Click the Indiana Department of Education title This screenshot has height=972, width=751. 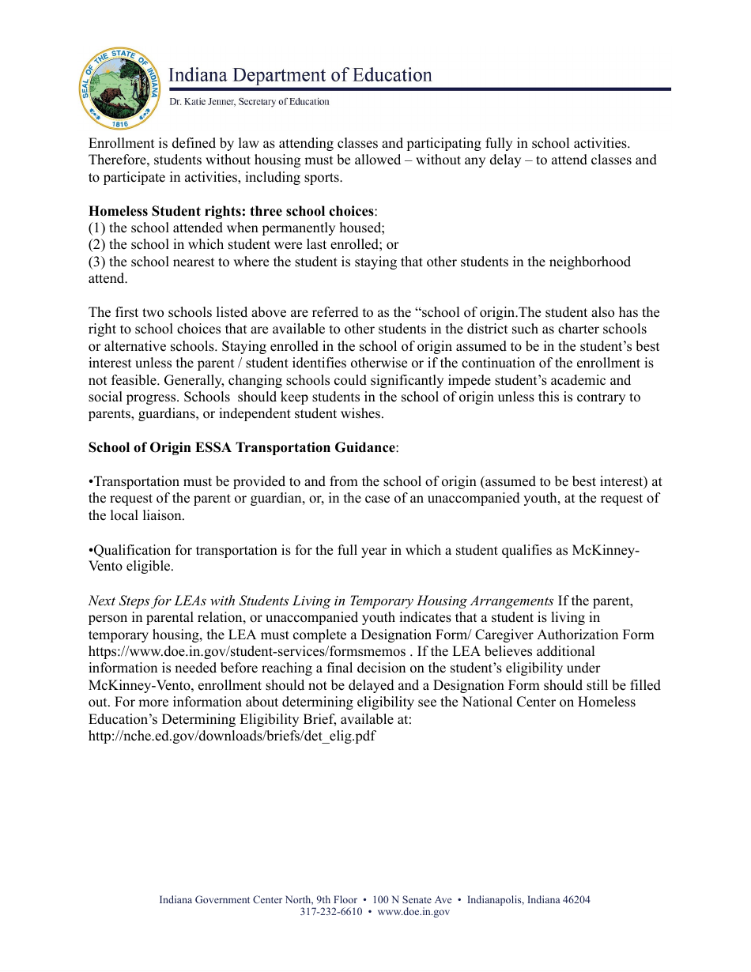[300, 75]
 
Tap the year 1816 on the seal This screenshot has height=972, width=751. [120, 124]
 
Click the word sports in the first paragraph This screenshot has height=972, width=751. [321, 177]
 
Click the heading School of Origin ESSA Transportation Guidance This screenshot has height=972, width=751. [241, 448]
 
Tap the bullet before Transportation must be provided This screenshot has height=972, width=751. [91, 481]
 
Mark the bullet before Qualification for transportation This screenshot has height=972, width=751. [91, 550]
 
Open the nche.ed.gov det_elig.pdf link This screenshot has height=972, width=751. [232, 736]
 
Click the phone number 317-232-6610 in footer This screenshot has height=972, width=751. [330, 912]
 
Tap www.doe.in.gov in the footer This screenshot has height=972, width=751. [413, 912]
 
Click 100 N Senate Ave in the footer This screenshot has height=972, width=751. [412, 900]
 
